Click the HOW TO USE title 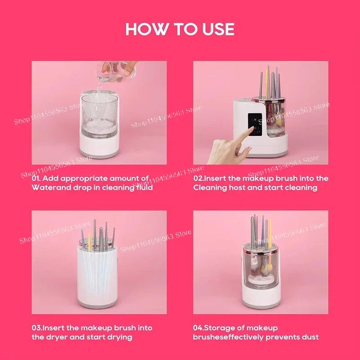[180, 29]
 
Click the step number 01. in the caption [37, 178]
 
